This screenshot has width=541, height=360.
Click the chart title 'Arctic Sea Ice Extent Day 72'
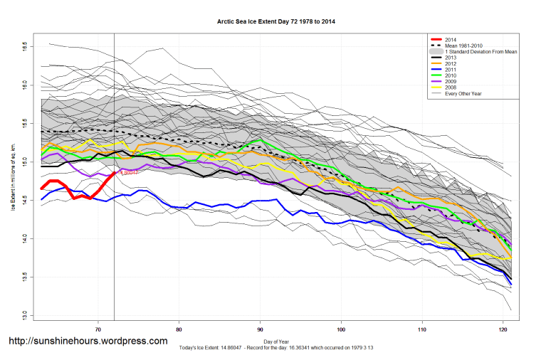point(275,22)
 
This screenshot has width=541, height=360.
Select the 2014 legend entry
point(451,40)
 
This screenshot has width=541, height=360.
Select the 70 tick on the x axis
point(98,329)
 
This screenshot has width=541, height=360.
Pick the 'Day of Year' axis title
point(275,343)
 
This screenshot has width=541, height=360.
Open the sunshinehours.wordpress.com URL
point(88,342)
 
